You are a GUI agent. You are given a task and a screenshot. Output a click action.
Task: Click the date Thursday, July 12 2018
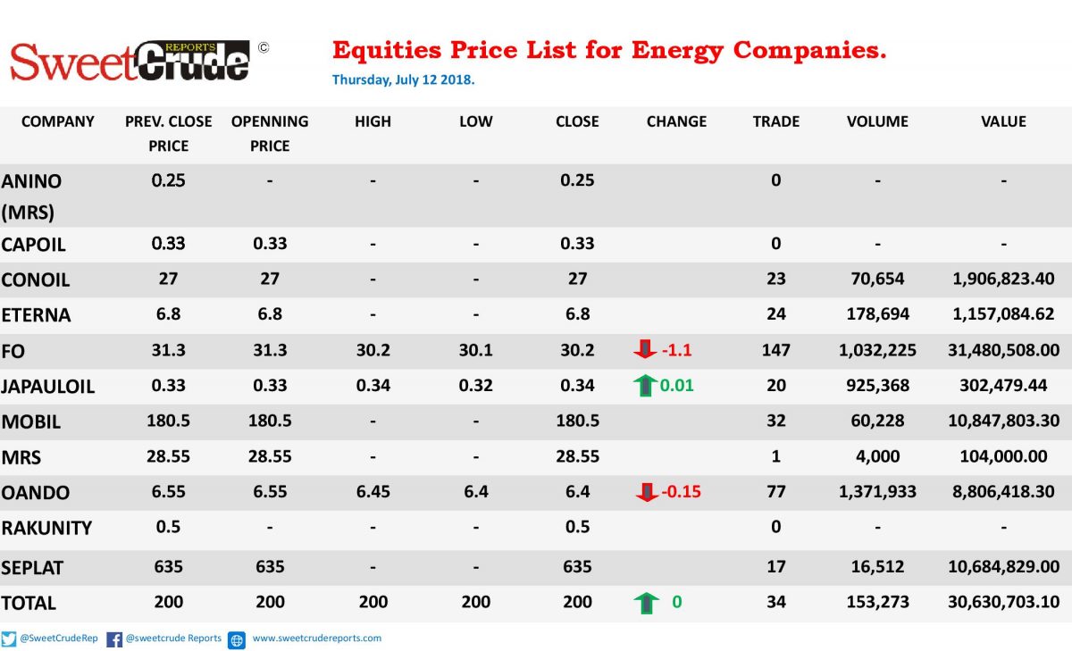404,79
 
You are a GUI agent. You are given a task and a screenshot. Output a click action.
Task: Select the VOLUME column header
877,121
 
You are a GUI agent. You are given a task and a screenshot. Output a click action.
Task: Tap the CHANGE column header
676,121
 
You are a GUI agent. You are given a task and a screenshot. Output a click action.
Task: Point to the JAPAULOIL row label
48,387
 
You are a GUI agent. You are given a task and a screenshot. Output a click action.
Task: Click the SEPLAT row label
32,568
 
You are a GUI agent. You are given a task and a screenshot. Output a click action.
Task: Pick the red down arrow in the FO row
645,349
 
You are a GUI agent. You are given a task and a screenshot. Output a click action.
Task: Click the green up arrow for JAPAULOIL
645,385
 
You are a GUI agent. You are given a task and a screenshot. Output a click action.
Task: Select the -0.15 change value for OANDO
681,491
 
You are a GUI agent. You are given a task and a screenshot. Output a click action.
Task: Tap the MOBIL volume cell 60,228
877,421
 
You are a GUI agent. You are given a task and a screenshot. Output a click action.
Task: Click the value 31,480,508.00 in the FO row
1003,350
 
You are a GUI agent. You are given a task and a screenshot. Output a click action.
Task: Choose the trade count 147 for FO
775,350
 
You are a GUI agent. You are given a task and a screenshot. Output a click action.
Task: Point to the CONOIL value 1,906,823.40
1003,279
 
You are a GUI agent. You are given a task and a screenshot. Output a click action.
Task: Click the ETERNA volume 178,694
877,314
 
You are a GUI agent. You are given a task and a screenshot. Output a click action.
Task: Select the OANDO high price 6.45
373,491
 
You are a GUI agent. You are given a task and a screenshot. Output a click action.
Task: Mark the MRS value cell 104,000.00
1003,456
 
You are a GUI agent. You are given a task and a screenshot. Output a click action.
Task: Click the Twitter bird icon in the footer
9,639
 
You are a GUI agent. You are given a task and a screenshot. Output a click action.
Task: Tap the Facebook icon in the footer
114,639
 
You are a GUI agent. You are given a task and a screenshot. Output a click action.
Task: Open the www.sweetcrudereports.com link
317,638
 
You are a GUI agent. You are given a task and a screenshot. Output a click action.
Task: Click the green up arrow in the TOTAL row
646,603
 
